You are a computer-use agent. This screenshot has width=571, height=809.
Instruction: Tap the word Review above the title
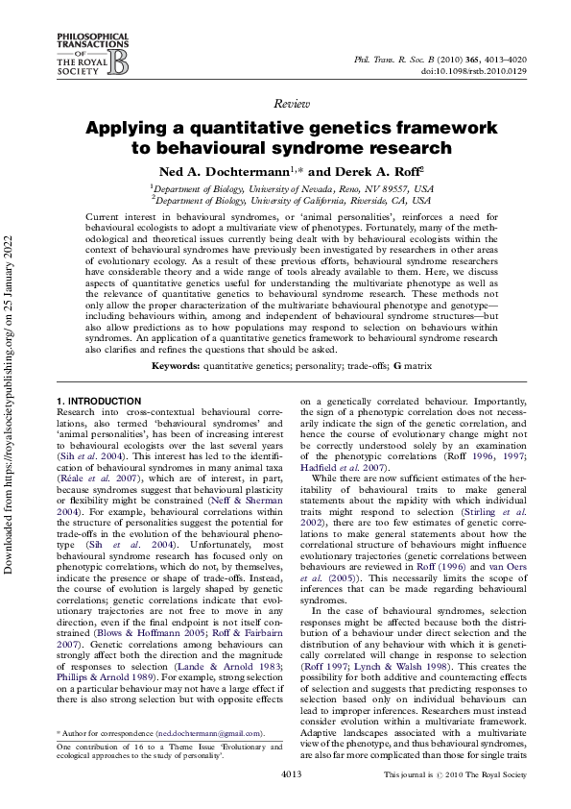(x=285, y=103)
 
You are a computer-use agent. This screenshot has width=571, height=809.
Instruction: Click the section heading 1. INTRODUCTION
(x=98, y=373)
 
